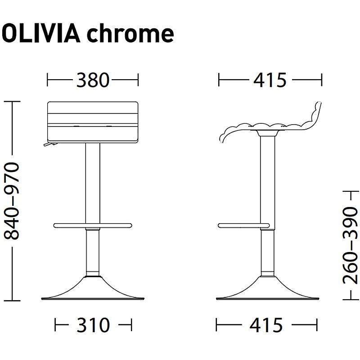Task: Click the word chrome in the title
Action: (x=130, y=34)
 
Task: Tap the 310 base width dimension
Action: (x=93, y=324)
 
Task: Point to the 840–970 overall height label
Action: (x=12, y=201)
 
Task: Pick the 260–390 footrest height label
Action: (x=350, y=245)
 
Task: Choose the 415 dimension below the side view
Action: (x=267, y=324)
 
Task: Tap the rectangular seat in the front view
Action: (x=93, y=121)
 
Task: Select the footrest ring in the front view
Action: (x=93, y=225)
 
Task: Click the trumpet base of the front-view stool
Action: (x=93, y=290)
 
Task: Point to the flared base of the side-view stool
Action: (x=267, y=290)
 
